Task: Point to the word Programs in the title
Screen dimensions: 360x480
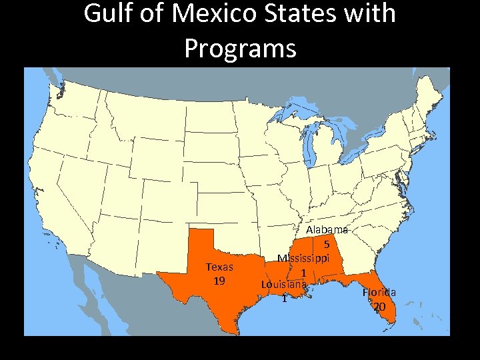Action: tap(240, 48)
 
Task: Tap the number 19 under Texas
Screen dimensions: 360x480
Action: tap(219, 281)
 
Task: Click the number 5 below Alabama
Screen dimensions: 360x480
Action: tap(327, 244)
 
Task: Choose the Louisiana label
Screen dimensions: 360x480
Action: tap(284, 285)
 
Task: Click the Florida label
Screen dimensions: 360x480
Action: tap(379, 292)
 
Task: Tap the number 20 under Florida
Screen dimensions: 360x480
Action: tap(379, 307)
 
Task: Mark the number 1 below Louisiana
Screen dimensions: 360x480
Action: tap(284, 299)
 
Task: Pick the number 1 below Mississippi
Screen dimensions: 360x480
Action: tap(303, 273)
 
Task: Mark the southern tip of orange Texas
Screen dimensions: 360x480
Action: tap(234, 331)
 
